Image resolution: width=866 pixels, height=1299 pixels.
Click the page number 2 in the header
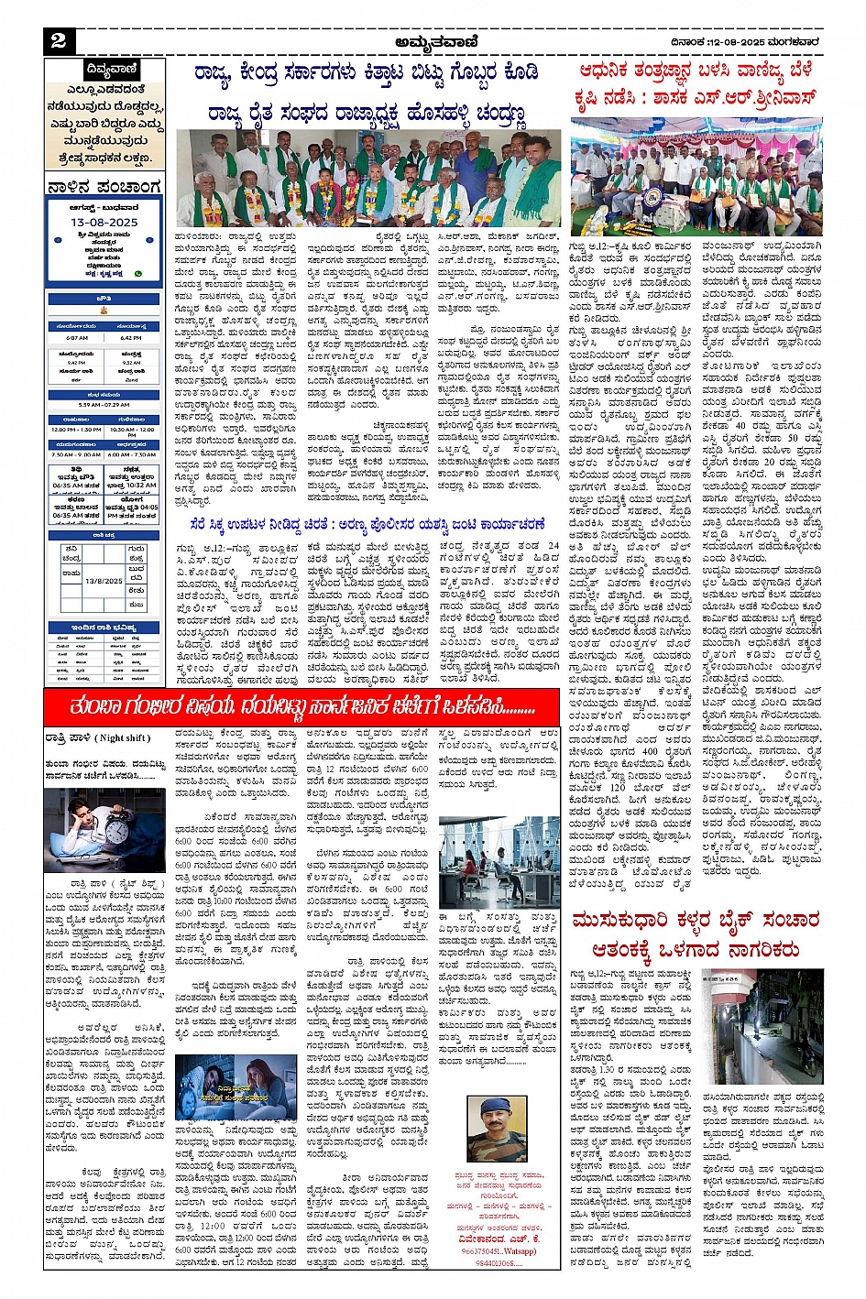(59, 40)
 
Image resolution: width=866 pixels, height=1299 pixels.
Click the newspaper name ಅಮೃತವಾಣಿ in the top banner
(436, 41)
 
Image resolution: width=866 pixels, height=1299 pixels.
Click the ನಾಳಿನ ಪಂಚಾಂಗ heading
(104, 188)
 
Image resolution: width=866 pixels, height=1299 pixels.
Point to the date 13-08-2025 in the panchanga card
(104, 223)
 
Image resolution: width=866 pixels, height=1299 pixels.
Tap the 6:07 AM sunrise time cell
(77, 337)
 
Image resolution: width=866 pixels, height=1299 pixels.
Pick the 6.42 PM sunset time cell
(131, 337)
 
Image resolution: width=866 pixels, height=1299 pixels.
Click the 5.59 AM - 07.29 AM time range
(104, 404)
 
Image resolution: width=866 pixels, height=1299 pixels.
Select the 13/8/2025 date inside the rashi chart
(104, 580)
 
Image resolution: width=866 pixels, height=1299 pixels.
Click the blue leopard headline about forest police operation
(367, 524)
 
